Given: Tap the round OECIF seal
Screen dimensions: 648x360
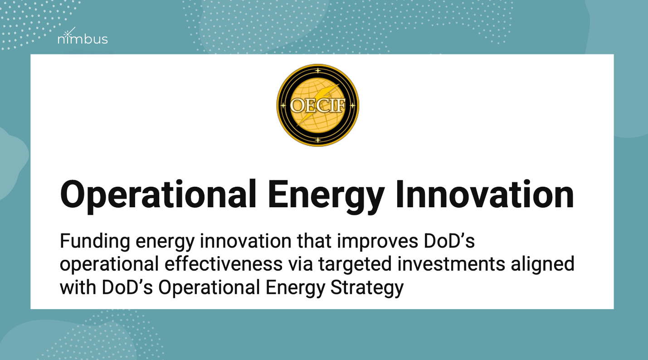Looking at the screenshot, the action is click(317, 105).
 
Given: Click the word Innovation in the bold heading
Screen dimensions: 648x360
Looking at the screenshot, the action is click(485, 195).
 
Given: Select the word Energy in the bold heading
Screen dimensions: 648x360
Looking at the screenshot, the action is click(326, 197).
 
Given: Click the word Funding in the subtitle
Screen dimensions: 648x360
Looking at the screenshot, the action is click(95, 242).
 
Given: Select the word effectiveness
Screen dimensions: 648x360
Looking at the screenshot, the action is click(224, 264).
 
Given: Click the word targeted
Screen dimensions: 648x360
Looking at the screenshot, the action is click(355, 265).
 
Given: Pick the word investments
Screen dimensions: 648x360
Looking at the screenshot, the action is click(451, 264).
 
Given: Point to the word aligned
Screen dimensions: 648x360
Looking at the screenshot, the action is click(542, 265).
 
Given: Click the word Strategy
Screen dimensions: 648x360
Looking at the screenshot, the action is click(367, 288).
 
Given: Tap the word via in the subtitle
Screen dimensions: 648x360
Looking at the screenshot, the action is click(301, 264).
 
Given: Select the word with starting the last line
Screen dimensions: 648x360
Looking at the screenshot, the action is click(78, 287).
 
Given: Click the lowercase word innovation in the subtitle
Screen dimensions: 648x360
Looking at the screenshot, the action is click(246, 241).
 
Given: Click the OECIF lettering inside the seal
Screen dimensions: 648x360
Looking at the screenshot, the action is click(317, 105).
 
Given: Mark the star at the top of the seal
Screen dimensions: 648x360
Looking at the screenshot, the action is click(318, 71).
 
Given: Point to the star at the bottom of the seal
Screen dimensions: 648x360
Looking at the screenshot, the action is click(318, 140).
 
